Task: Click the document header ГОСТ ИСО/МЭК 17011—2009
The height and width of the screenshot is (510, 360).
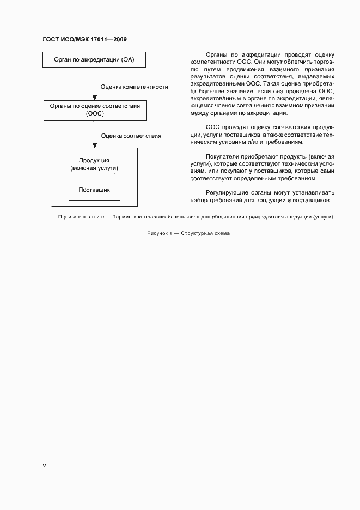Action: [x=84, y=40]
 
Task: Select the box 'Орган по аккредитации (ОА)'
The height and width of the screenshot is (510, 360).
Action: [x=94, y=59]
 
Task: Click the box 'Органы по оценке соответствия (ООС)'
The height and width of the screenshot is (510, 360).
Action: [x=94, y=110]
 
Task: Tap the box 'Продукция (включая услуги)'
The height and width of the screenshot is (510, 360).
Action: [x=94, y=165]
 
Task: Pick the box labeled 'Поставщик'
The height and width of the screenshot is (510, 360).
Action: [x=94, y=190]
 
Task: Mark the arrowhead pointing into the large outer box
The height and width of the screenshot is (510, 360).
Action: [x=95, y=145]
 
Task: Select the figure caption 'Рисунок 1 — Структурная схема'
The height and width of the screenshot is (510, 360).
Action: [x=188, y=233]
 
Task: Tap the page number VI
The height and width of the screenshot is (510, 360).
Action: [x=45, y=466]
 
